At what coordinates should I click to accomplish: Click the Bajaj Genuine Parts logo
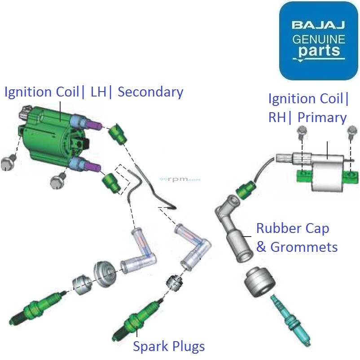(318, 41)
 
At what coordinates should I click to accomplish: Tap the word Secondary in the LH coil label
(151, 92)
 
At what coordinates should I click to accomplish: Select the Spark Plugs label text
(169, 346)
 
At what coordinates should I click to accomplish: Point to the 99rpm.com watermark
(180, 179)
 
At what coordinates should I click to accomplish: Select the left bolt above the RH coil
(302, 132)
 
